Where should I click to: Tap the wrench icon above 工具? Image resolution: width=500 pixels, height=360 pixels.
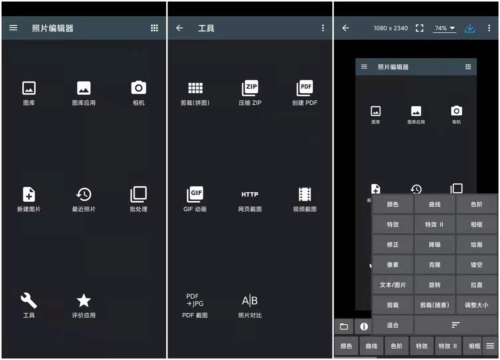coord(29,300)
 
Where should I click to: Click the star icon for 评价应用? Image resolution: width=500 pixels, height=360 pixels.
coord(84,300)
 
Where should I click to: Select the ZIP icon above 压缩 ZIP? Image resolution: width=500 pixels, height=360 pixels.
coord(250,88)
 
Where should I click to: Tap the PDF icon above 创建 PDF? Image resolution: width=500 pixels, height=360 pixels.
coord(305,88)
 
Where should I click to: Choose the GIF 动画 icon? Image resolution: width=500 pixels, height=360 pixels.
coord(195,194)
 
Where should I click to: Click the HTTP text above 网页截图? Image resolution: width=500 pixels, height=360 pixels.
coord(250,194)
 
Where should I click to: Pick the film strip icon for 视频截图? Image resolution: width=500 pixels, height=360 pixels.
coord(305,194)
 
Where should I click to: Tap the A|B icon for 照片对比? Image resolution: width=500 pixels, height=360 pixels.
coord(250,301)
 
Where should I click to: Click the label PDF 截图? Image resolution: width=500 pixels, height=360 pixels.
coord(195,315)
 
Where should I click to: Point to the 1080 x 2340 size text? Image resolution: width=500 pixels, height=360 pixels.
coord(390,28)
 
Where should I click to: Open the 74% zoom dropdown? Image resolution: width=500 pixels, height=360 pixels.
coord(445,28)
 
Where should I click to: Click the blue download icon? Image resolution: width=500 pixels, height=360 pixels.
coord(470,28)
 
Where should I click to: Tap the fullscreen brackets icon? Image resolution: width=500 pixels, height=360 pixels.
coord(419,28)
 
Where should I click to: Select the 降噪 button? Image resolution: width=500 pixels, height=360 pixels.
coord(435,245)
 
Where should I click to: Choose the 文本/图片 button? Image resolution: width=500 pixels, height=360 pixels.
coord(393,285)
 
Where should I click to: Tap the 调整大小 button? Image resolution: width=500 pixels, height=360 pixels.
coord(476,305)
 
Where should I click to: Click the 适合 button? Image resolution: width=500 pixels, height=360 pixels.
coord(393,325)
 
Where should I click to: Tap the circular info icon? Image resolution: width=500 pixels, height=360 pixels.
coord(364,327)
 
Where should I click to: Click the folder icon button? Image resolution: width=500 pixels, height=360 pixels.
coord(344,327)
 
